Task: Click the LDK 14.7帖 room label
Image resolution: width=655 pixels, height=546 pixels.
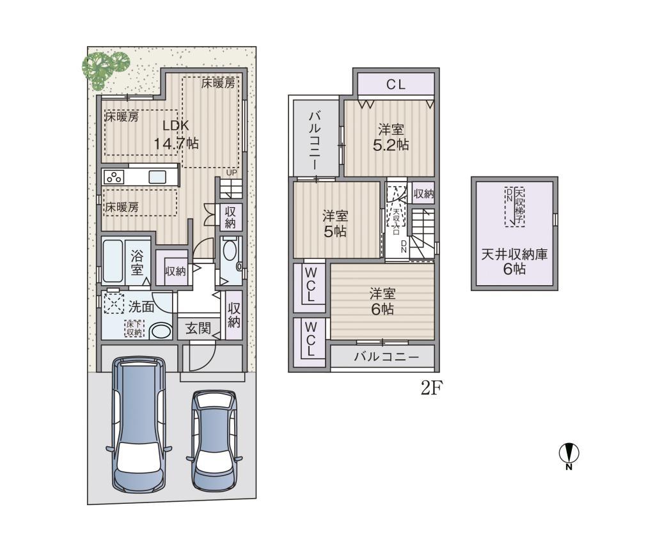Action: (x=176, y=134)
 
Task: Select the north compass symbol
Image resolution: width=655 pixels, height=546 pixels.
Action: (x=569, y=456)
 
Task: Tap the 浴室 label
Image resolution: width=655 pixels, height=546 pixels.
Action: (x=137, y=262)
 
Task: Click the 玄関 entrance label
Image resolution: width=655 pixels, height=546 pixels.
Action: (x=198, y=329)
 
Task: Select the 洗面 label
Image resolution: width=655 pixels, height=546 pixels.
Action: (x=141, y=307)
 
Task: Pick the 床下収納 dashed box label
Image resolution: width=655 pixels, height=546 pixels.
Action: (x=134, y=329)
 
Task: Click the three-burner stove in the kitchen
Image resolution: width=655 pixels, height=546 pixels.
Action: (x=114, y=177)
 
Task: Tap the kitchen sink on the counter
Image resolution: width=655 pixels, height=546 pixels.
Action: (x=157, y=177)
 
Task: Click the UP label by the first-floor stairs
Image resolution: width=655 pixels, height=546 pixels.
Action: (x=232, y=173)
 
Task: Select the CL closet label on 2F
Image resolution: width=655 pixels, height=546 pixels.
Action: (x=395, y=85)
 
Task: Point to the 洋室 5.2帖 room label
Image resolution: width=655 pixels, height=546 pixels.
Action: (x=391, y=137)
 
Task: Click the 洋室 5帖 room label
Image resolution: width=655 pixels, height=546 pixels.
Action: (x=335, y=224)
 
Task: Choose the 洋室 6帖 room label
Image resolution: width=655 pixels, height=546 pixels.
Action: (x=383, y=301)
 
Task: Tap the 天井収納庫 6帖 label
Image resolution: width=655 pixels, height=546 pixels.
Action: (x=514, y=261)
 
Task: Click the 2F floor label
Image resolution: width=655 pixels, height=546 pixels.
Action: (x=431, y=389)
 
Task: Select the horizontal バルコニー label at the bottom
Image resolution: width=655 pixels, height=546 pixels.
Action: (x=386, y=357)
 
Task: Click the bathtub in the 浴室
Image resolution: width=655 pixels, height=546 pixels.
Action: (x=113, y=261)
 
